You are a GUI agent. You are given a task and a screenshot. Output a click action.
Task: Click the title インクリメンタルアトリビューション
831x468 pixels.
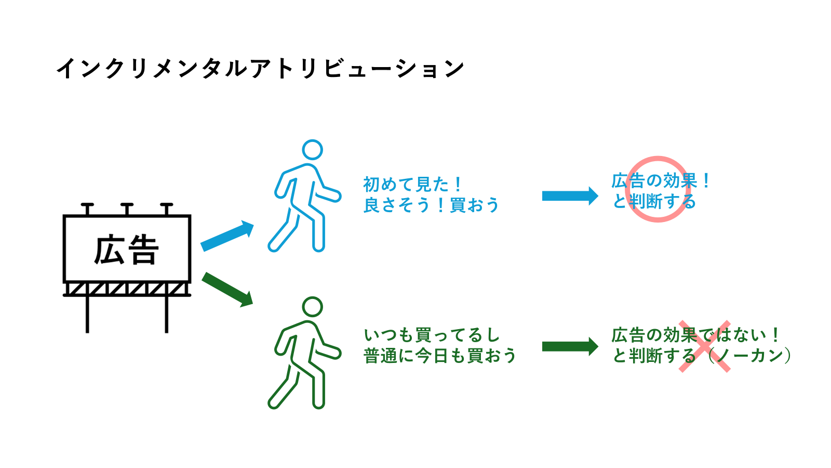(260, 68)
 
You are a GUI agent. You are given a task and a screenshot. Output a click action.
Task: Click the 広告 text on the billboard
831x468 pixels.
(126, 250)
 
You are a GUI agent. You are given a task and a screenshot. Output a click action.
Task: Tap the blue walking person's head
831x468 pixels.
(312, 150)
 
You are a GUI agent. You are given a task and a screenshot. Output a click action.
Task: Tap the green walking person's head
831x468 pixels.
(312, 307)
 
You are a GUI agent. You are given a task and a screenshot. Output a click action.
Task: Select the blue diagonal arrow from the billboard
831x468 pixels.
(227, 236)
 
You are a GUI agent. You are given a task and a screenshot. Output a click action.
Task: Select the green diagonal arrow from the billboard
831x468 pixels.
(227, 289)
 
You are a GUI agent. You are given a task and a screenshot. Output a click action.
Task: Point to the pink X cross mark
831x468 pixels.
(705, 346)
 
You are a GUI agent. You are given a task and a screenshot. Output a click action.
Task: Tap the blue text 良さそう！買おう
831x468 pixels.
(431, 205)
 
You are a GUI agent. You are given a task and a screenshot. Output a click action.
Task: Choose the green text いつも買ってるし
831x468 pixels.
(432, 335)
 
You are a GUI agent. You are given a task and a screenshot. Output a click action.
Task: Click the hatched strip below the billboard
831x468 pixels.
(127, 289)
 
